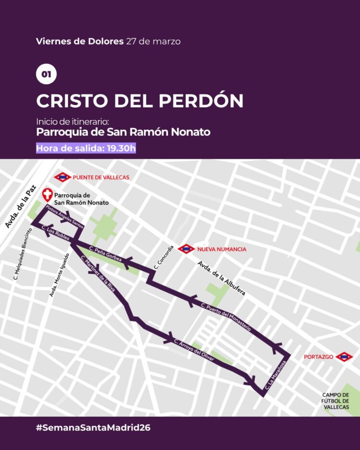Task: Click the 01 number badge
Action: pos(46,74)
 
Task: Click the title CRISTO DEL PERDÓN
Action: pos(140,101)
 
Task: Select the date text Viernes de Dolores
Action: pos(80,41)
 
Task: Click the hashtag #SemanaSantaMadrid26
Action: pos(93,427)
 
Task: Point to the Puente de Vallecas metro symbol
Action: pos(62,177)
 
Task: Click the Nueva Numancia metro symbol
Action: pos(186,249)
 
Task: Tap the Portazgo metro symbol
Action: pos(344,357)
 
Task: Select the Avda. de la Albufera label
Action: pos(221,279)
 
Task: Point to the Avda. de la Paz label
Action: pos(16,208)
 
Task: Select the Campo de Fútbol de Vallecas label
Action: pos(336,401)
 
